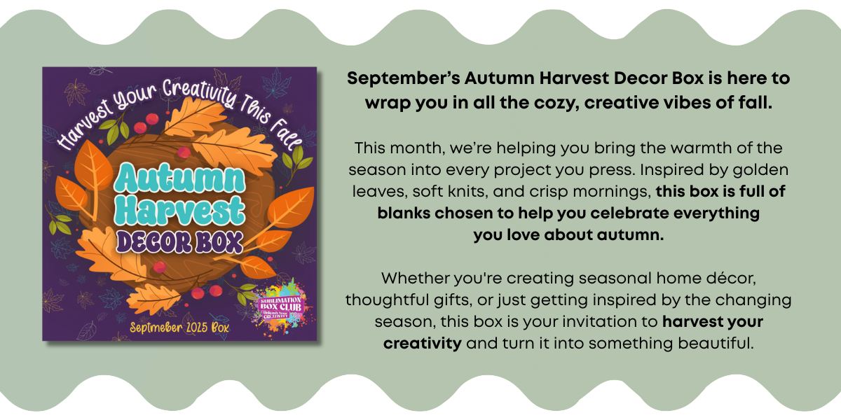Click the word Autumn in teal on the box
pyautogui.click(x=179, y=178)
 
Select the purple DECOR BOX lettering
pyautogui.click(x=179, y=242)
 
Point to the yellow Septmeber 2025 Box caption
pyautogui.click(x=179, y=328)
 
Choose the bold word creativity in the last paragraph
pyautogui.click(x=423, y=344)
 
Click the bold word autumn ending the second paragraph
pyautogui.click(x=630, y=235)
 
